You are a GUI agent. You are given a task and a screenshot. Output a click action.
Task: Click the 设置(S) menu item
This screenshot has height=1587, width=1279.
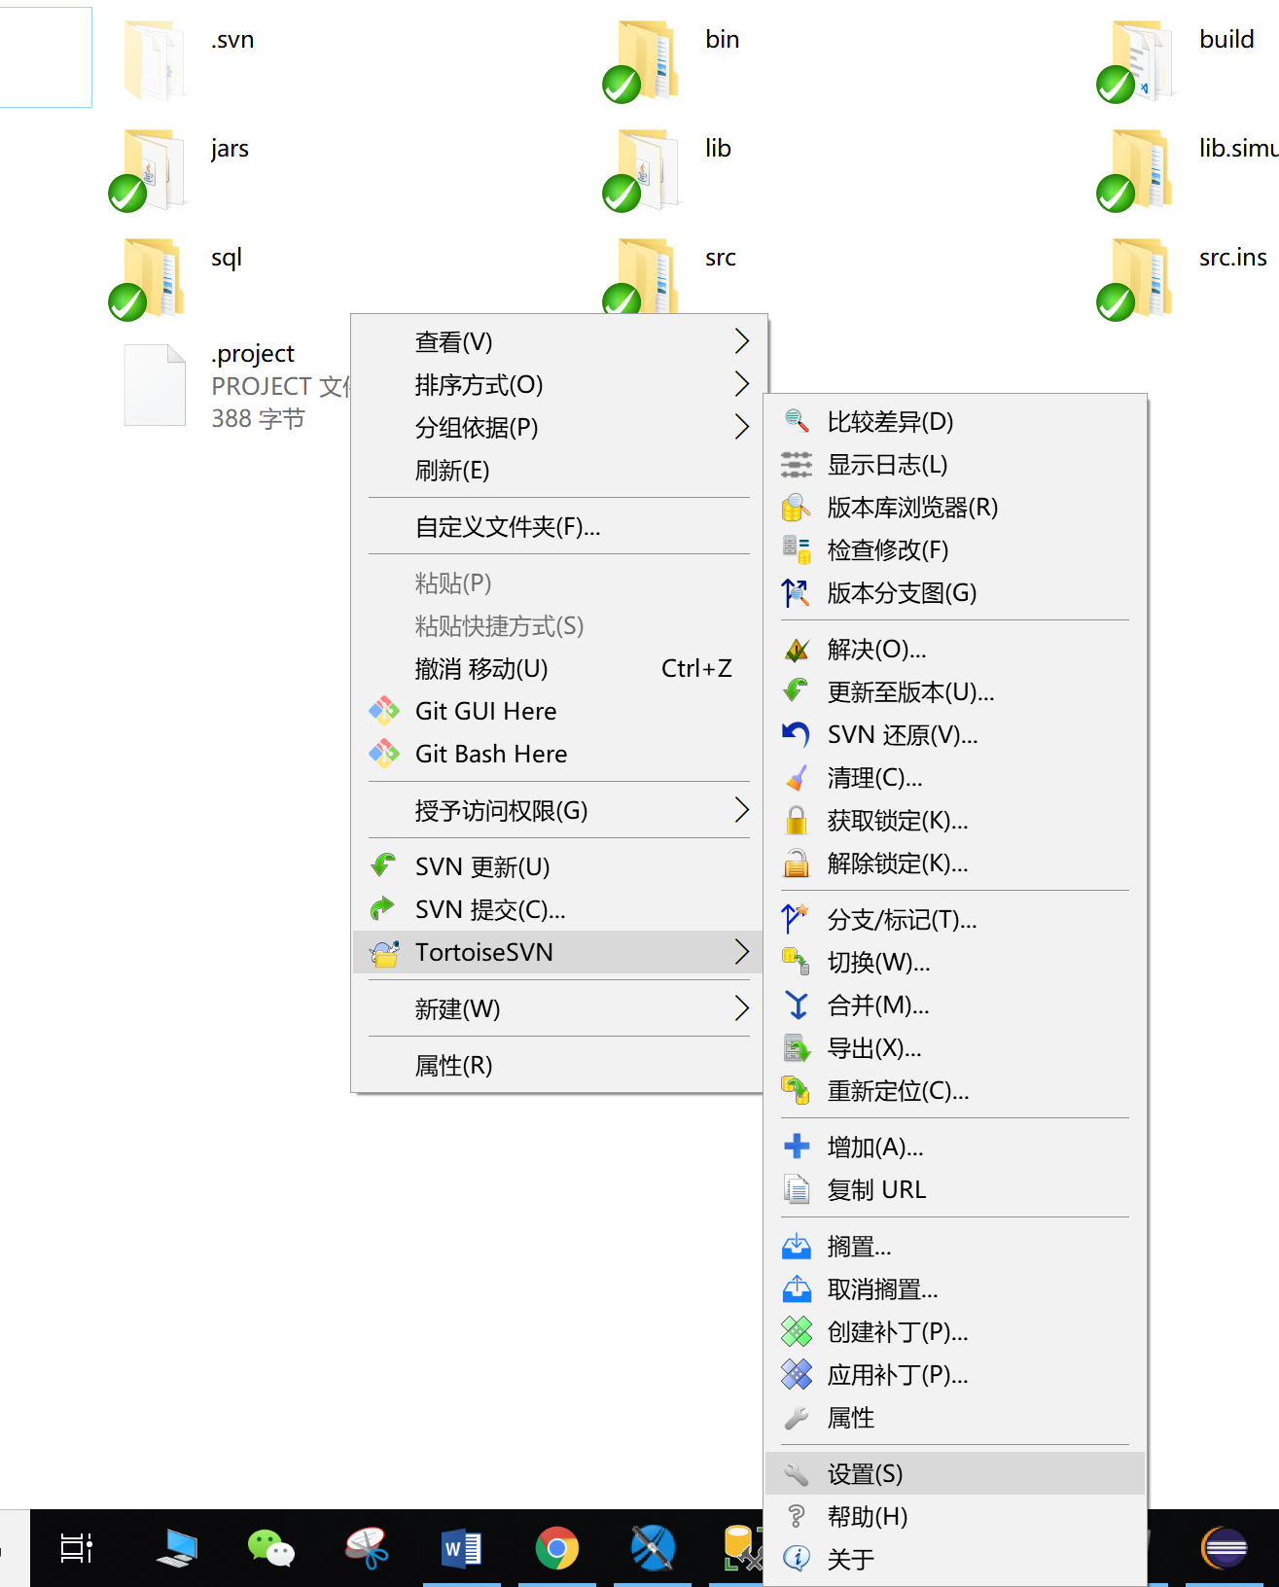pyautogui.click(x=865, y=1474)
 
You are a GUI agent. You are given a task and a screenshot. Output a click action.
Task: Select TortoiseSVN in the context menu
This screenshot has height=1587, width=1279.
pyautogui.click(x=483, y=952)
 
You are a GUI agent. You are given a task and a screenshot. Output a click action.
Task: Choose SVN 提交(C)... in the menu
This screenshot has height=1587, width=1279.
pyautogui.click(x=489, y=909)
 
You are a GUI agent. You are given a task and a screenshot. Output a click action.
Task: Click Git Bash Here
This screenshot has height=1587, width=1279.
pyautogui.click(x=490, y=754)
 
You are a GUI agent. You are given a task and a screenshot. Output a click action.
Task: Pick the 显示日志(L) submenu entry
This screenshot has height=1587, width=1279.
pyautogui.click(x=886, y=465)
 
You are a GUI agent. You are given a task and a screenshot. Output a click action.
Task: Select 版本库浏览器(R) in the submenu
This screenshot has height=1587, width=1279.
pyautogui.click(x=911, y=508)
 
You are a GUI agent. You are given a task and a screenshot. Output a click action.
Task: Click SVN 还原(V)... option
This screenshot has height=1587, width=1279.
pyautogui.click(x=902, y=735)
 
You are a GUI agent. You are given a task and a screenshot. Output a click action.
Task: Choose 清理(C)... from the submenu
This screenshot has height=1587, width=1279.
pyautogui.click(x=874, y=778)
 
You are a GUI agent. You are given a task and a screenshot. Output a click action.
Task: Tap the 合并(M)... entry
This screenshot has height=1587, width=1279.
pyautogui.click(x=877, y=1005)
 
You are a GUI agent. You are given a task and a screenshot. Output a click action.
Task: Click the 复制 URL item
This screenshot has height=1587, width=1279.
pyautogui.click(x=875, y=1190)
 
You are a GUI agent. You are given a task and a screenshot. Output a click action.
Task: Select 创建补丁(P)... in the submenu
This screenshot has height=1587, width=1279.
pyautogui.click(x=897, y=1332)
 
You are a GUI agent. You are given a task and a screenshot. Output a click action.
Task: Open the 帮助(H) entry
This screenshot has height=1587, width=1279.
pyautogui.click(x=867, y=1517)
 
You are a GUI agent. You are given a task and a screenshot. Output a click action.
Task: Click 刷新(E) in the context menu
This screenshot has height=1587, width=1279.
pyautogui.click(x=452, y=471)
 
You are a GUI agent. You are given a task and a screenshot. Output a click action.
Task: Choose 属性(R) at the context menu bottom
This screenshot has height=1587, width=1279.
pyautogui.click(x=453, y=1066)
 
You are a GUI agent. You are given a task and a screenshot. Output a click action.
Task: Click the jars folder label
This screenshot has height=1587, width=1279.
pyautogui.click(x=230, y=149)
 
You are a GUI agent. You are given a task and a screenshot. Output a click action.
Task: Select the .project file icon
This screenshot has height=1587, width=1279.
pyautogui.click(x=155, y=385)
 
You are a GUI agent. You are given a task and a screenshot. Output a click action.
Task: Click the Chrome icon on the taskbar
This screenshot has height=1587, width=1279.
pyautogui.click(x=557, y=1548)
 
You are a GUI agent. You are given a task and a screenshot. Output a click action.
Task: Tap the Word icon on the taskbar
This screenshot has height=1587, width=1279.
pyautogui.click(x=461, y=1548)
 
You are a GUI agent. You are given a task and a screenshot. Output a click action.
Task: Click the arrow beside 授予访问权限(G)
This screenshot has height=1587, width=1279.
pyautogui.click(x=741, y=810)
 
